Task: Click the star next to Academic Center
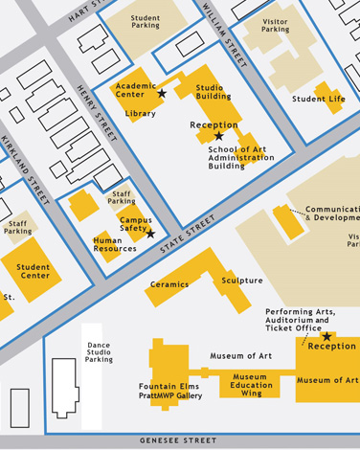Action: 162,93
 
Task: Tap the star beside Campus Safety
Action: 150,234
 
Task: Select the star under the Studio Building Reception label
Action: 218,137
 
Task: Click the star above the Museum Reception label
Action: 326,336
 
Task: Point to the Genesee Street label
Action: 179,440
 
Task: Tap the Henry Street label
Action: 96,113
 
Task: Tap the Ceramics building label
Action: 169,284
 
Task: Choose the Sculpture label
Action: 242,281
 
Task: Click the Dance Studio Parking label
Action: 99,352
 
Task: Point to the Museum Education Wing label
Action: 251,385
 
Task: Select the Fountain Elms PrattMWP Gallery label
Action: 170,391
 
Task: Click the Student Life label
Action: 319,99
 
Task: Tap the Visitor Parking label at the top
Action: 275,26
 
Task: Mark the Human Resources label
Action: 115,245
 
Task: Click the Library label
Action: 140,114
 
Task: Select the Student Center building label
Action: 34,272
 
